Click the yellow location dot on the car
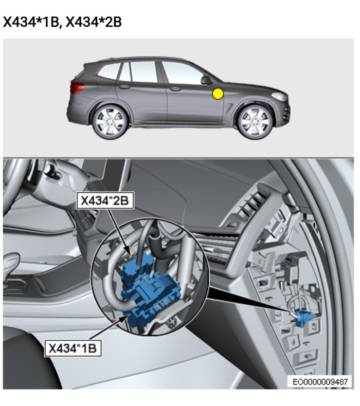tap(218, 94)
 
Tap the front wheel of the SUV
tap(255, 121)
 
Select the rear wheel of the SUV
tap(110, 121)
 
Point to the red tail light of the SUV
tap(77, 87)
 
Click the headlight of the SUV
tap(279, 96)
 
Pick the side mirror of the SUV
tap(207, 80)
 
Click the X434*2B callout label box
tap(105, 200)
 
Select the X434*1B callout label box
tap(73, 348)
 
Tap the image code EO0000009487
tap(320, 382)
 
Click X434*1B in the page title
tap(31, 22)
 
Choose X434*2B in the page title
tap(94, 22)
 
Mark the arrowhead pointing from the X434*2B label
tap(129, 251)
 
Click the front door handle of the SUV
tap(175, 89)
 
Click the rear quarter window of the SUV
tap(109, 71)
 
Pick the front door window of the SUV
tap(182, 73)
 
